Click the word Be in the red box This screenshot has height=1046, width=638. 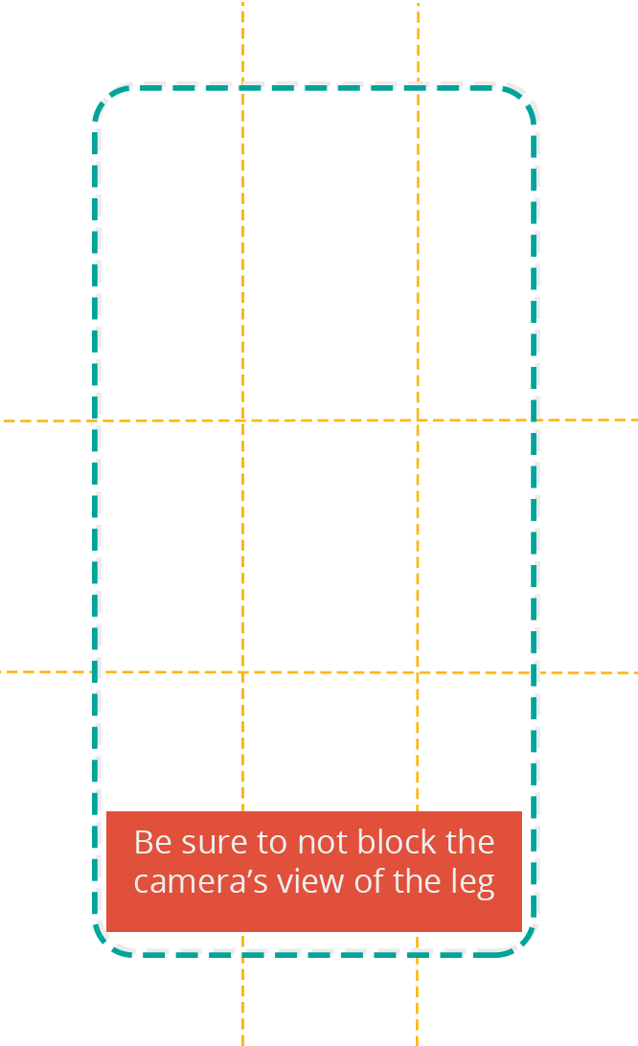coord(153,842)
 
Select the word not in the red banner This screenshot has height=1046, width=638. coord(322,843)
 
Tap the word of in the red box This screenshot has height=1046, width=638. coord(369,881)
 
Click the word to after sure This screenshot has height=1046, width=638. coord(272,843)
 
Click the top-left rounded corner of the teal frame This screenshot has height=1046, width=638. coord(105,98)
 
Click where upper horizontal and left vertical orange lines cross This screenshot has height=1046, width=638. coord(242,421)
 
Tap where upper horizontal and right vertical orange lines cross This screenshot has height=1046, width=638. coord(418,421)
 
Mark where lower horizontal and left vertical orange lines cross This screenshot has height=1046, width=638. coord(242,672)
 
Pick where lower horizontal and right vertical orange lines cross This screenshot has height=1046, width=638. coord(418,673)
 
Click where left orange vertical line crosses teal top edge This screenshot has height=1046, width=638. coord(242,87)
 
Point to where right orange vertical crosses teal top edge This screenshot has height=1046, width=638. coord(418,87)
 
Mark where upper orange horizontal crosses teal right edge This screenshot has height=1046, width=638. coord(534,421)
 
